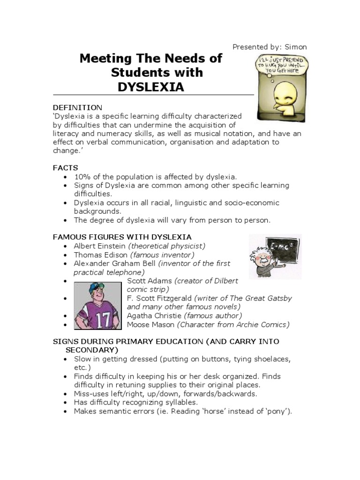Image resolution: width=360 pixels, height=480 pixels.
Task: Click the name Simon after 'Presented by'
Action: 295,47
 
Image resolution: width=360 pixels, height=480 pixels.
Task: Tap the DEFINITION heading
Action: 77,108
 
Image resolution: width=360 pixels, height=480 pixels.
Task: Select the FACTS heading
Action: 65,168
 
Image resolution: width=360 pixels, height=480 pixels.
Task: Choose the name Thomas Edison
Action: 101,255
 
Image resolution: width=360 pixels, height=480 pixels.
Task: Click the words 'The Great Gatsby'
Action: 262,298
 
